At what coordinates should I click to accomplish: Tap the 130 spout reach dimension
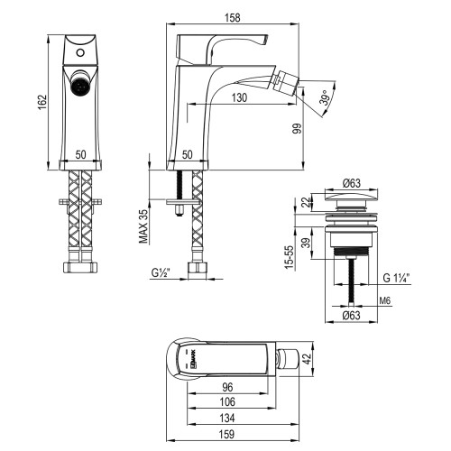[x=239, y=97]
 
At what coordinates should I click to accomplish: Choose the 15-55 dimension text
[x=289, y=258]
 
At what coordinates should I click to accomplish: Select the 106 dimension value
[x=227, y=402]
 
